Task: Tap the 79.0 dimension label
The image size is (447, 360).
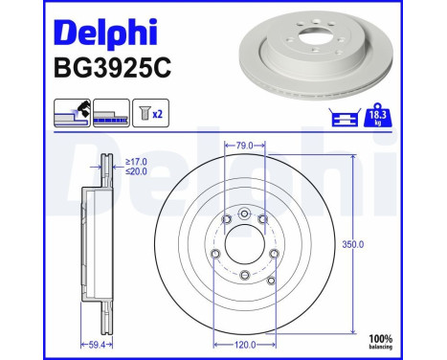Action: coord(244,146)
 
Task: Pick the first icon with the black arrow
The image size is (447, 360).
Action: coord(71,113)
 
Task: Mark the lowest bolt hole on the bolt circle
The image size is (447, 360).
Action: coord(244,274)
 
